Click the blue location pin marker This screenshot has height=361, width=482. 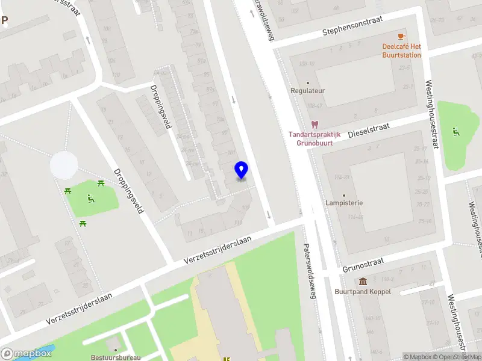[x=241, y=170]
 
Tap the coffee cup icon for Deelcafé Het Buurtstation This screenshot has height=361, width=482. [x=401, y=36]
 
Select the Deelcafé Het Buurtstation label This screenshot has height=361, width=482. [x=401, y=51]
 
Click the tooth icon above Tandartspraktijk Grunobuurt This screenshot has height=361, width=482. [x=313, y=125]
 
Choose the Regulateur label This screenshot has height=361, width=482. [x=308, y=91]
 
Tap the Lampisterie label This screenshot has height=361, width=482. [x=345, y=203]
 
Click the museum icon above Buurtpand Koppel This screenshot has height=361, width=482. [x=363, y=282]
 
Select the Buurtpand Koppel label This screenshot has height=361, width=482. [x=363, y=292]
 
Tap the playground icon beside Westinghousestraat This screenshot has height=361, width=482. [x=456, y=131]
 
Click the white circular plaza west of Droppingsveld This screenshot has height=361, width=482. [x=64, y=165]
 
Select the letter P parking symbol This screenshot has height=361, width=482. [x=4, y=20]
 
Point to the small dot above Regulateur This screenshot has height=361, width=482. [x=308, y=83]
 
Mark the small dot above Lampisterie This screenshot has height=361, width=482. [x=345, y=195]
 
